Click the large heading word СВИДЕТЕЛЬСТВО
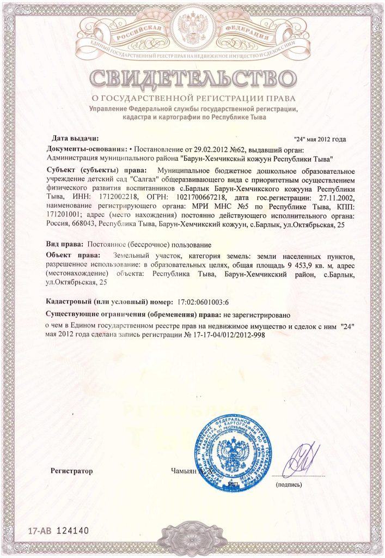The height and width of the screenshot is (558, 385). click(192, 80)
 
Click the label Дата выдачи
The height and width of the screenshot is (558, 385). click(75, 138)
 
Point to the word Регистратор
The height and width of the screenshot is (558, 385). click(72, 470)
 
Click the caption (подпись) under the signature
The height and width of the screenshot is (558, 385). click(291, 484)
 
